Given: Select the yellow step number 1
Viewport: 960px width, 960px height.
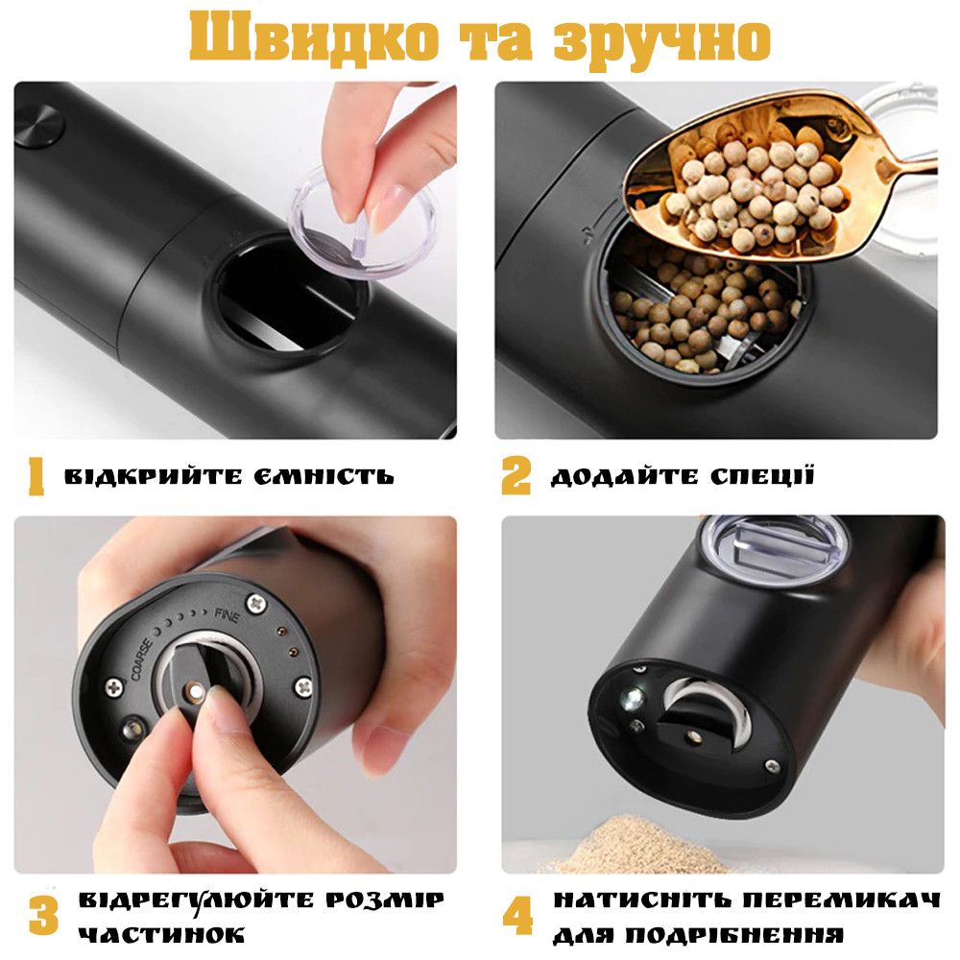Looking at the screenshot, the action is click(x=36, y=477).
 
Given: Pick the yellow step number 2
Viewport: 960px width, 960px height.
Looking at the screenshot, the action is click(x=516, y=476).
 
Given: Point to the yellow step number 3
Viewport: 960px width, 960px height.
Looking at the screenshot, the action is click(x=43, y=915).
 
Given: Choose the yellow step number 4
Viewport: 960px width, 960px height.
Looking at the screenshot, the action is click(x=518, y=915).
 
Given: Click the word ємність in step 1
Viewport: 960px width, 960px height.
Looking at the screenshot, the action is click(x=324, y=476).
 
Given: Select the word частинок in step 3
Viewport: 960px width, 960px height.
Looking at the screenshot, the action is click(x=161, y=935).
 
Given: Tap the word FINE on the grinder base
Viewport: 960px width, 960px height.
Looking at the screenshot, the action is click(x=228, y=615).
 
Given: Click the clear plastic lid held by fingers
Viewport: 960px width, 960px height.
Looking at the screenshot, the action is click(x=363, y=222).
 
